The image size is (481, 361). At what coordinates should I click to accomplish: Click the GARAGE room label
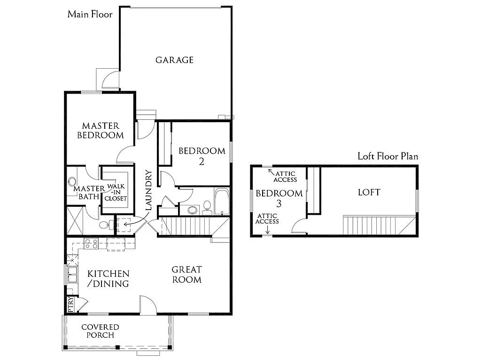click(174, 60)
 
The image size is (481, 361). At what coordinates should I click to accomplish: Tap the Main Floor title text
click(90, 14)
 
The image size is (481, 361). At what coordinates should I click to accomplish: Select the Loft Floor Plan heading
click(388, 157)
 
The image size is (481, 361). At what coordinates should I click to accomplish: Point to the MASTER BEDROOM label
click(101, 131)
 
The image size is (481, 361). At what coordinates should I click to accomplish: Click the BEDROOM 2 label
click(202, 156)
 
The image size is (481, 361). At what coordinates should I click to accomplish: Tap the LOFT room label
click(369, 192)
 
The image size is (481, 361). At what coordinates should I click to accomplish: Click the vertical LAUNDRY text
click(149, 190)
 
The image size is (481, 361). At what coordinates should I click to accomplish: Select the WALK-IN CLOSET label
click(116, 192)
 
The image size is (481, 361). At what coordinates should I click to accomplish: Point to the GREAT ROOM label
click(186, 275)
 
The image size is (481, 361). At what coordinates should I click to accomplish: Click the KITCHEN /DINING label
click(108, 279)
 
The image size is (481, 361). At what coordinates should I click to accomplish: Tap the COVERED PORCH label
click(100, 331)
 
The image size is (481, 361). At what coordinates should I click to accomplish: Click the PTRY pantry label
click(70, 304)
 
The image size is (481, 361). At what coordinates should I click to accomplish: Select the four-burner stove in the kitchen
click(91, 243)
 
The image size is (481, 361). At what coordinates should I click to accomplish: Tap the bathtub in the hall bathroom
click(221, 201)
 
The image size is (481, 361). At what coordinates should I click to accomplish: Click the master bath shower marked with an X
click(75, 220)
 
